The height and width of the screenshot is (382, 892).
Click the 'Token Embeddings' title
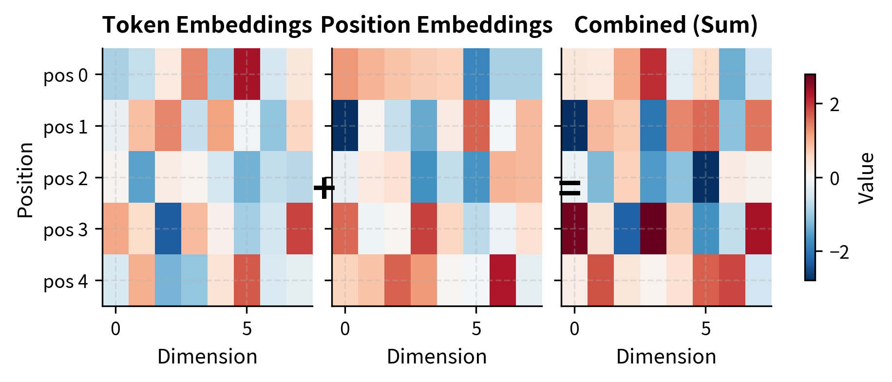coord(207,25)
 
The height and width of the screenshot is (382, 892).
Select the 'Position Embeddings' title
coord(437,25)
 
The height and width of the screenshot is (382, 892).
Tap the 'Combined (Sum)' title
coord(666,25)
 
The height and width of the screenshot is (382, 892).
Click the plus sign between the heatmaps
coord(324,188)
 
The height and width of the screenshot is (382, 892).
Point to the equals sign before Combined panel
coord(569,188)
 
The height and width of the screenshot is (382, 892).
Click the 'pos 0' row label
coord(66,76)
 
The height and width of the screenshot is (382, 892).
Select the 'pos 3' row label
coord(66,229)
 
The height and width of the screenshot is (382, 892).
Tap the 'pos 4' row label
coord(66,281)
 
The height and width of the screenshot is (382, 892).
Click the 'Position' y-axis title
coord(25,180)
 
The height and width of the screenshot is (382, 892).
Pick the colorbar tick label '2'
coord(835,105)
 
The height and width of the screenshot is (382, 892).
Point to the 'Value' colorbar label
coord(867,178)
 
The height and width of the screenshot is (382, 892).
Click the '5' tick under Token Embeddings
coord(247,329)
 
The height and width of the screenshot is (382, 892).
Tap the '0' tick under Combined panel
coord(574,329)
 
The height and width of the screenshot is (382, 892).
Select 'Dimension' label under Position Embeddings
coord(437,357)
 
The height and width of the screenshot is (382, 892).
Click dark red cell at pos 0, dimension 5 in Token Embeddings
coord(247,74)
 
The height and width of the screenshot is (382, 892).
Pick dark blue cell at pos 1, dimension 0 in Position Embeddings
coord(345,126)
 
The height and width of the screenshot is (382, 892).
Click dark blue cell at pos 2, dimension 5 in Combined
coord(705,177)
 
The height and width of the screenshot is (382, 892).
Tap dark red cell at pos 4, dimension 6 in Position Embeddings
coord(502,280)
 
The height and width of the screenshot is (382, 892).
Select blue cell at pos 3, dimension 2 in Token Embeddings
coord(168,229)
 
